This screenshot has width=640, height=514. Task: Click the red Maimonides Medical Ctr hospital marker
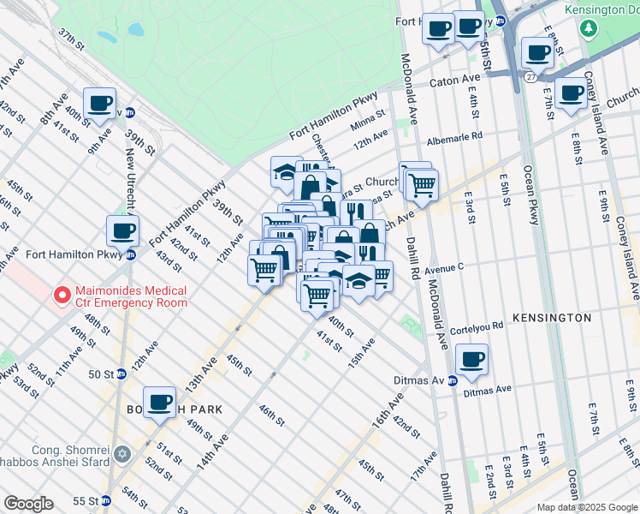click(x=62, y=296)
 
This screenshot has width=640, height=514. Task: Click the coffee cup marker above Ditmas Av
click(x=471, y=360)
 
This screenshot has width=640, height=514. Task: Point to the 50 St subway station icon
click(x=121, y=374)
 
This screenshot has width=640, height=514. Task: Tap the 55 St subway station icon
click(x=106, y=500)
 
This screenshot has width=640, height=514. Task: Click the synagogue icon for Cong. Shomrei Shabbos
click(x=122, y=453)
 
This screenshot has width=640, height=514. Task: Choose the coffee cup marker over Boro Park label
click(x=159, y=402)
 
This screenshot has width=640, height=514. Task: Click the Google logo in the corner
click(x=28, y=504)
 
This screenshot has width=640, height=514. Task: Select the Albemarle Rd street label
click(x=455, y=136)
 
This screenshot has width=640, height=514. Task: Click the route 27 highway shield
click(x=519, y=78)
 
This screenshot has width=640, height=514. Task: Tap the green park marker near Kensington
click(x=588, y=28)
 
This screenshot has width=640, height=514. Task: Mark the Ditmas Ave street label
click(x=487, y=390)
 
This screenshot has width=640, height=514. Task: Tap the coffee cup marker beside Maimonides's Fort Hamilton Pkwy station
click(x=123, y=231)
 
